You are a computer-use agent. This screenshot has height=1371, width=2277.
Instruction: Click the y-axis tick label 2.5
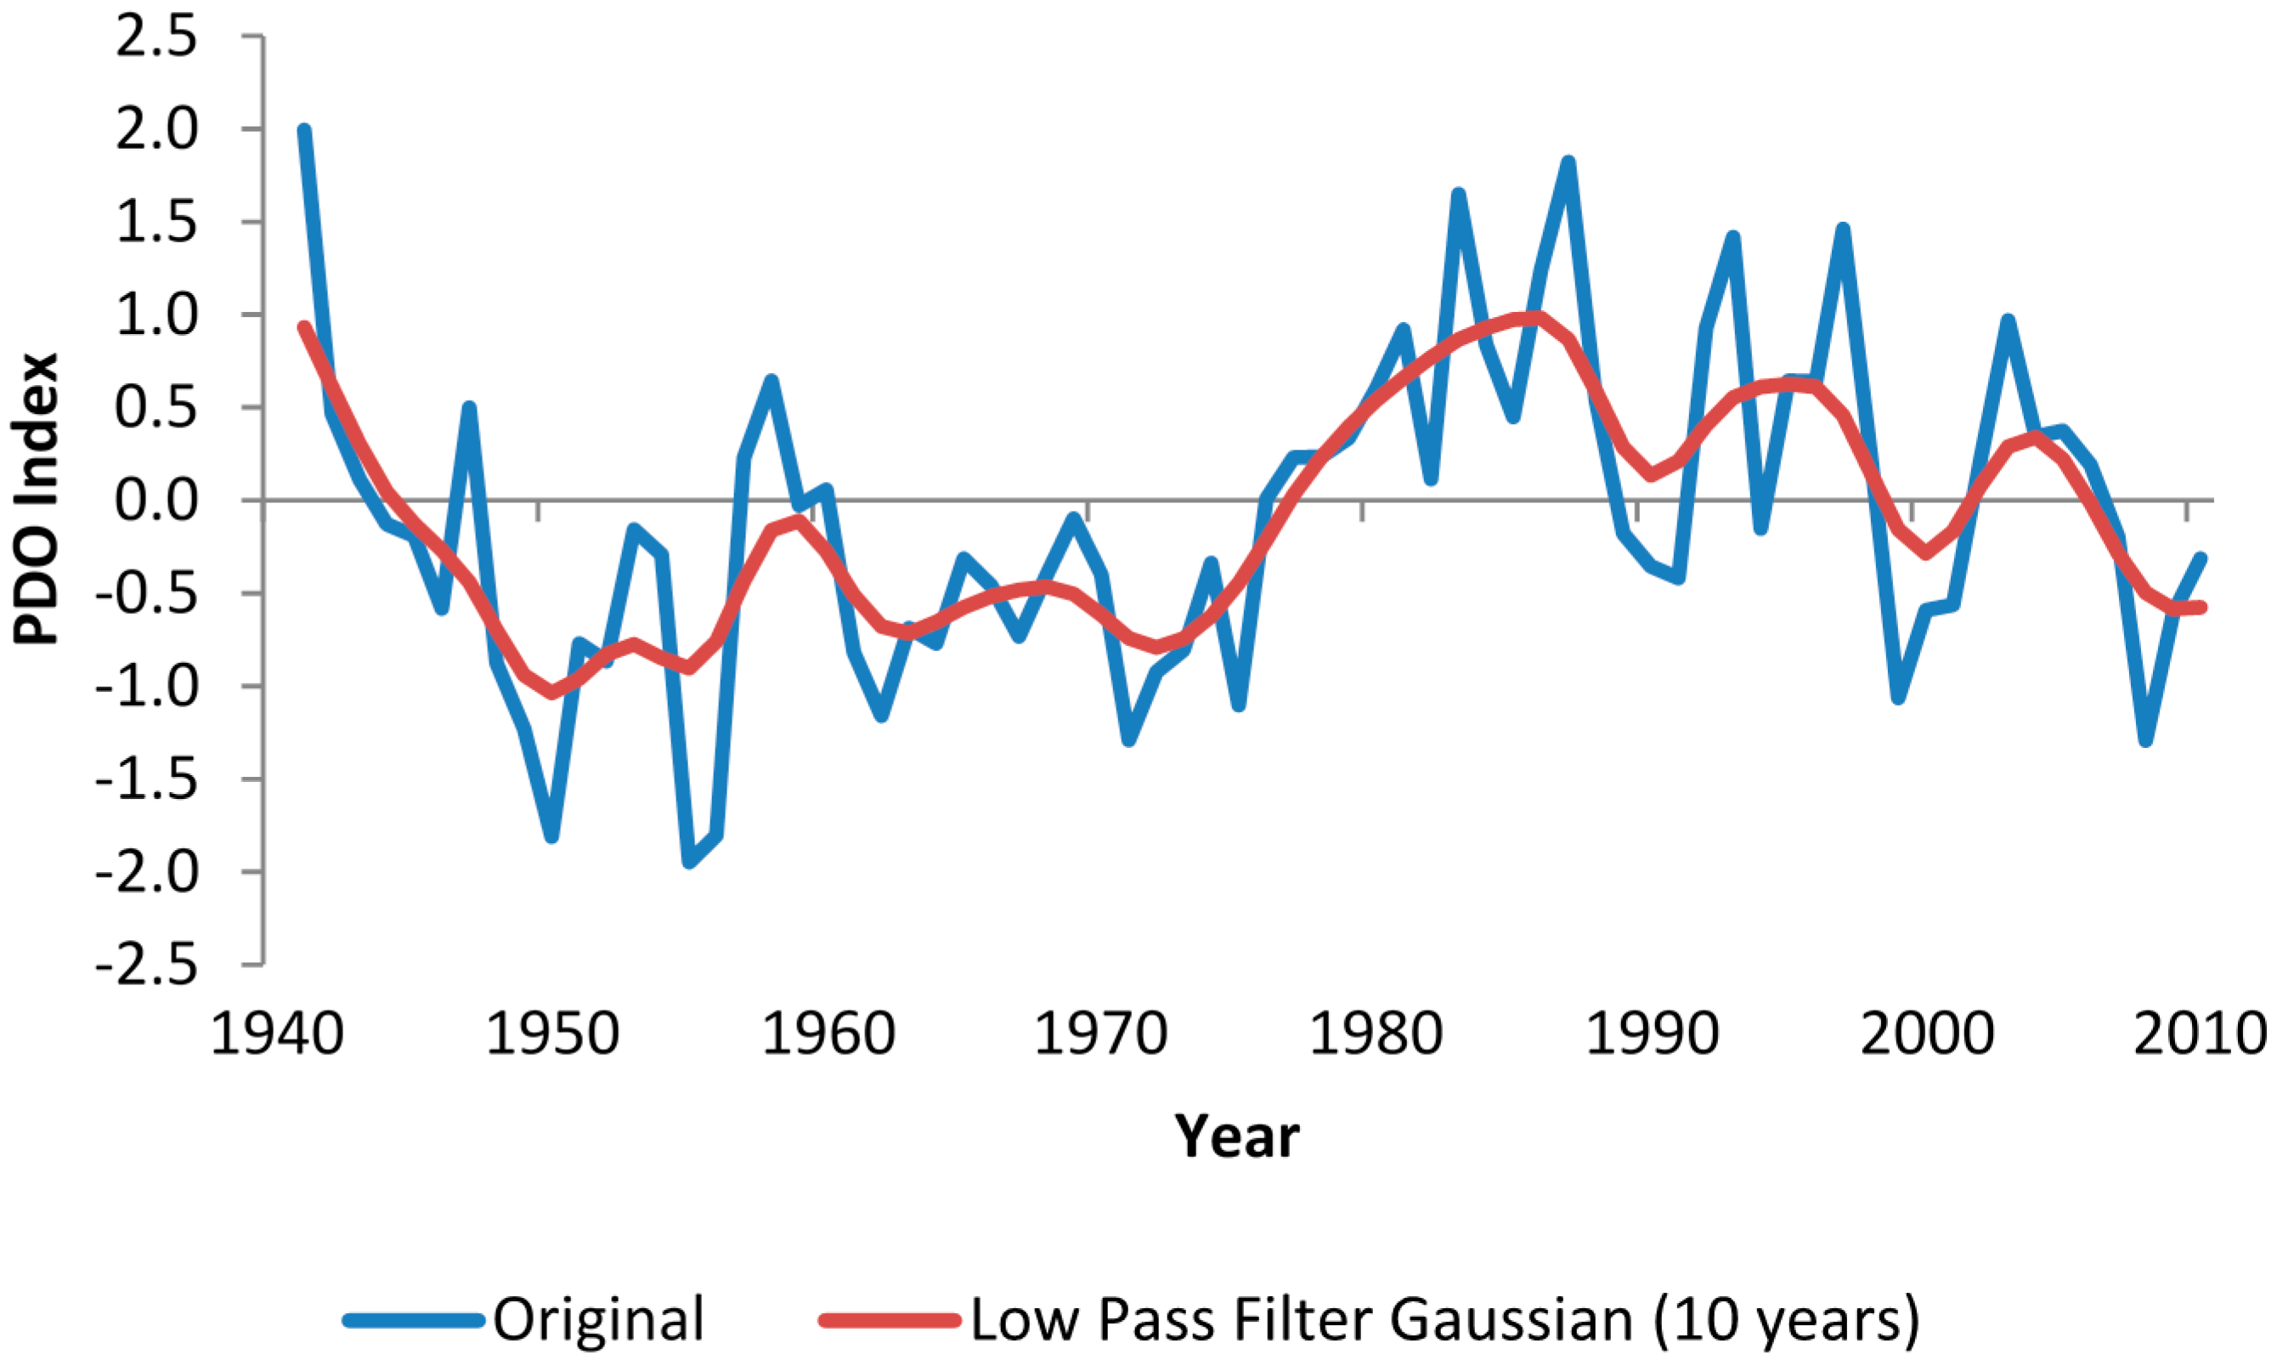(x=156, y=39)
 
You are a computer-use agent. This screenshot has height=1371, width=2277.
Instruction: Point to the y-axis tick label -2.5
(x=147, y=967)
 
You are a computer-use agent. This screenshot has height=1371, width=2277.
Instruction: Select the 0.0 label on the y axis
(x=156, y=501)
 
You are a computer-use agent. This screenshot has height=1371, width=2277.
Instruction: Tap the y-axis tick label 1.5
(x=156, y=224)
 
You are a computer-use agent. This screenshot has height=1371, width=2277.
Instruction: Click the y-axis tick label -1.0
(x=147, y=688)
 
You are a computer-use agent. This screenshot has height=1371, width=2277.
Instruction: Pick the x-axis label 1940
(x=276, y=1033)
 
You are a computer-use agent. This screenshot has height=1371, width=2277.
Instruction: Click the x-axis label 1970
(x=1100, y=1033)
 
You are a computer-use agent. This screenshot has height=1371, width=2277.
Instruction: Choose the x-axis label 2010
(x=2200, y=1033)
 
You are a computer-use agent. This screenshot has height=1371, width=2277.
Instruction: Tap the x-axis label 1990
(x=1652, y=1033)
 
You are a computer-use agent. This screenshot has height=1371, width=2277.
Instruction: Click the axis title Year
(x=1237, y=1136)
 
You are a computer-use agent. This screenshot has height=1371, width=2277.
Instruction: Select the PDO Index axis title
(x=37, y=499)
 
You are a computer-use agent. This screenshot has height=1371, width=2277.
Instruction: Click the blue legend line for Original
(x=414, y=1319)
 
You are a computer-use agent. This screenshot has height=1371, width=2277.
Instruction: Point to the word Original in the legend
(x=598, y=1319)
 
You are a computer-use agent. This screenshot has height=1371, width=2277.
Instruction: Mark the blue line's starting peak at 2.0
(x=304, y=131)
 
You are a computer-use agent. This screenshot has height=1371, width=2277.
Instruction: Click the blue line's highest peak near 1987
(x=1568, y=163)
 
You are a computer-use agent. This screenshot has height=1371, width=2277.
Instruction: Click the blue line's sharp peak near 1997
(x=1842, y=229)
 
